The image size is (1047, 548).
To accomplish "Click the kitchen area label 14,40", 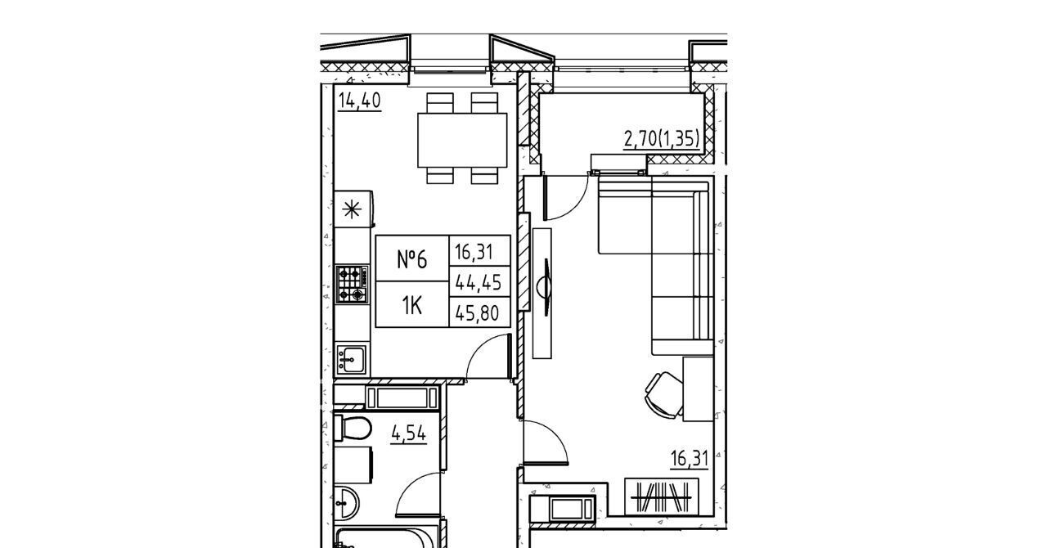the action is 359,101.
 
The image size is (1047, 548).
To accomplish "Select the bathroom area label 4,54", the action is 409,434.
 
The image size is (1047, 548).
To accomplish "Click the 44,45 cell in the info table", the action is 479,282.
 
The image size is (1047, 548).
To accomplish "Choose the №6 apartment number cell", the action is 412,258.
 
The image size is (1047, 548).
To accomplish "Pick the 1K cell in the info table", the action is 412,305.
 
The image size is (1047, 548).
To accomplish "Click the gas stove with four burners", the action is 352,284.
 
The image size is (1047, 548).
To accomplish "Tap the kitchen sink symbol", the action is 352,360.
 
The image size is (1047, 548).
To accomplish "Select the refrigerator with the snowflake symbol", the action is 354,209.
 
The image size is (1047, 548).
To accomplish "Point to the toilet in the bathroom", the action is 353,428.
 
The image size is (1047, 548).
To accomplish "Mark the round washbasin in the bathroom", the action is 346,504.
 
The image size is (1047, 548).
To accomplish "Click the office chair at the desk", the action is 663,394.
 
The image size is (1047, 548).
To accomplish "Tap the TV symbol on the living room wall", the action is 544,287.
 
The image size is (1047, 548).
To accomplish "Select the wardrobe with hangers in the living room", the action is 662,497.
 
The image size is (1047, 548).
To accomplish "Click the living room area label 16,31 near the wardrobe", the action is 690,459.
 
